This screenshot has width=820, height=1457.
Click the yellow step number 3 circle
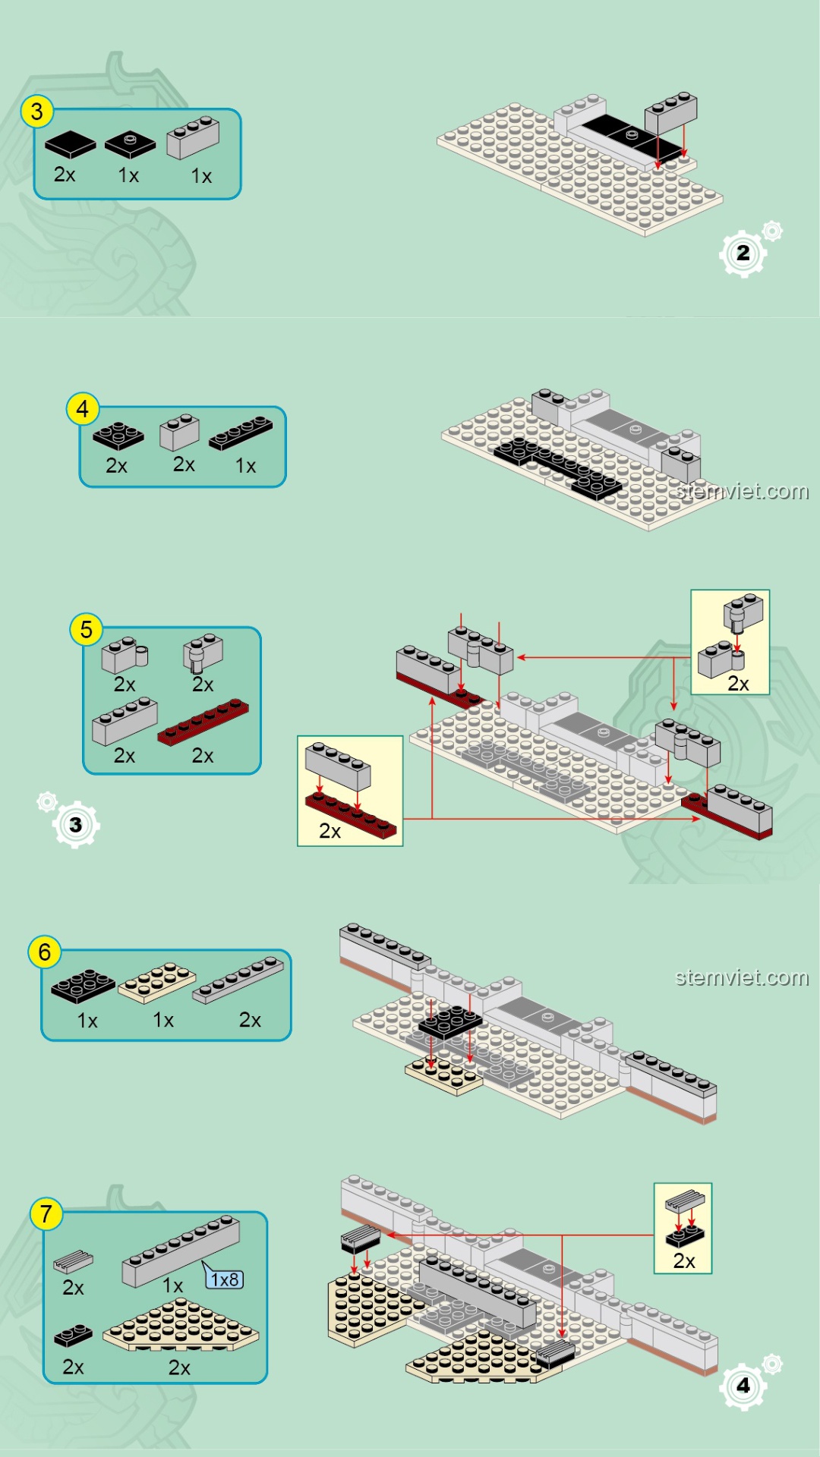coord(36,112)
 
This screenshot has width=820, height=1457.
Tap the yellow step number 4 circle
coord(83,410)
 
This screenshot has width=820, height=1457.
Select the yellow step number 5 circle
coord(86,630)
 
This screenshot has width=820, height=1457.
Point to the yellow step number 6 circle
coord(44,952)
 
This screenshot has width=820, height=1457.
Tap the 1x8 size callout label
coord(225,1279)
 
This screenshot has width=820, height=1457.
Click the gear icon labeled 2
coord(743,253)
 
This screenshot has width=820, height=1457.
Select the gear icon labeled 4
coord(743,1386)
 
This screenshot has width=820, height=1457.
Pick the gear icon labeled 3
coord(75,825)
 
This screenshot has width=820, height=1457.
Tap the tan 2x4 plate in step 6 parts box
coord(157,982)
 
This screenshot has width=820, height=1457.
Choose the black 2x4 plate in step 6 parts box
coord(84,985)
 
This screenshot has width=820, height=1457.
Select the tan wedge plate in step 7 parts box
coord(181,1326)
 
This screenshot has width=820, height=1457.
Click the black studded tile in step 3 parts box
coord(130,144)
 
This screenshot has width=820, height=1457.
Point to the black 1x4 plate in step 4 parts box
coord(241,433)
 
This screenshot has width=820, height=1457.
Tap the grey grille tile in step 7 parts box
coord(74,1261)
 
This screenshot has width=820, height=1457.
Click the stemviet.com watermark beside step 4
coord(742,492)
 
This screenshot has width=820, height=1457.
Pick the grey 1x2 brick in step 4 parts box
coord(179,433)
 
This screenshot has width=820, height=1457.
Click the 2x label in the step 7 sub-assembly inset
coord(684,1261)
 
